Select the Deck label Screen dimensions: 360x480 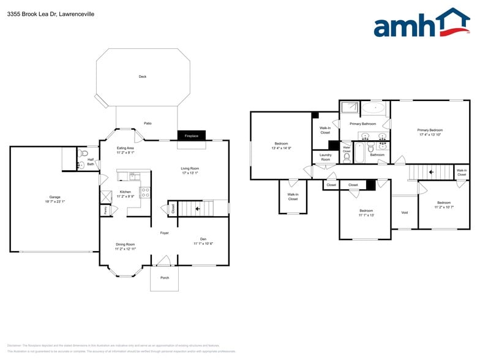click(143, 77)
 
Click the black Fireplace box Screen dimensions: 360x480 click(191, 136)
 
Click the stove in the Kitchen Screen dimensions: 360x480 click(145, 193)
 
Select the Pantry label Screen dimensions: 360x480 click(105, 210)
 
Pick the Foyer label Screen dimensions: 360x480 click(164, 233)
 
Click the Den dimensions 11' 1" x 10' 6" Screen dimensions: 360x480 click(203, 244)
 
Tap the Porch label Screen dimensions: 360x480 click(164, 277)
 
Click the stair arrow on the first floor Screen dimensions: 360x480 click(197, 209)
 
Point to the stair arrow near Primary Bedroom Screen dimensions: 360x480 click(431, 172)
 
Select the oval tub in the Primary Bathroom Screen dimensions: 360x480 click(373, 109)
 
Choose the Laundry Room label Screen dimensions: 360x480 click(325, 157)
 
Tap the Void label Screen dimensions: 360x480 click(404, 212)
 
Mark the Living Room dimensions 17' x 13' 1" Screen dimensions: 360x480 click(189, 173)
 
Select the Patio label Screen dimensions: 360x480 click(148, 123)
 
